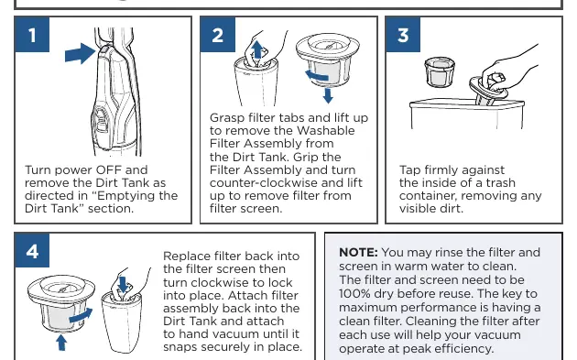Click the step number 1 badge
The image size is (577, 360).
(x=32, y=35)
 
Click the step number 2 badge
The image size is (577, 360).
(x=217, y=35)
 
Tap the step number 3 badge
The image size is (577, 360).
(x=403, y=35)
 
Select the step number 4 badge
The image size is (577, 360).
(x=32, y=250)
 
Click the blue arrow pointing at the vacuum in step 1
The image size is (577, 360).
(x=81, y=54)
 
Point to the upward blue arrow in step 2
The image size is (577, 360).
(x=257, y=49)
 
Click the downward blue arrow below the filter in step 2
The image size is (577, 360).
(x=328, y=95)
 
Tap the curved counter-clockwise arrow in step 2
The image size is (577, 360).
(x=317, y=76)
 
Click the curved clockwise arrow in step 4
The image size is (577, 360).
(x=81, y=315)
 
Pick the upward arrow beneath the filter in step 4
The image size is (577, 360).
(x=61, y=343)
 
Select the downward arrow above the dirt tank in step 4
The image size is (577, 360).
(x=124, y=285)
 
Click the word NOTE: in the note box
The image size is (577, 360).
(x=358, y=253)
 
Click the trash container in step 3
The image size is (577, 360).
(x=467, y=115)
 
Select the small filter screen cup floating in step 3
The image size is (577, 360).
(x=440, y=71)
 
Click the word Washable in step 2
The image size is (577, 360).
(x=326, y=131)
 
